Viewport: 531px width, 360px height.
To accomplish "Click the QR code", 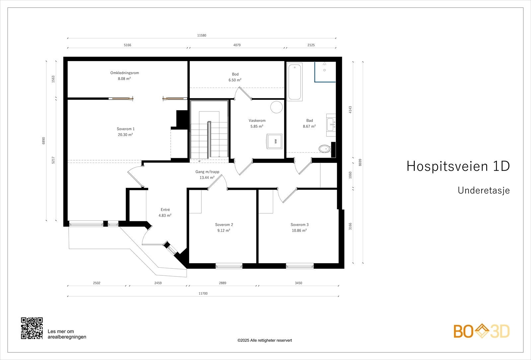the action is pyautogui.click(x=32, y=328).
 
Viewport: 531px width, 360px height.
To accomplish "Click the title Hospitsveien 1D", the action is pyautogui.click(x=458, y=166).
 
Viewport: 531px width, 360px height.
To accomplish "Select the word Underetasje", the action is pyautogui.click(x=484, y=190).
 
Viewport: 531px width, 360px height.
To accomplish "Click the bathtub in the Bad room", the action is pyautogui.click(x=295, y=82).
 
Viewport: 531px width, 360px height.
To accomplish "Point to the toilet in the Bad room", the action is pyautogui.click(x=325, y=149).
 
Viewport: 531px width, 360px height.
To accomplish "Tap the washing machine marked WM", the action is pyautogui.click(x=274, y=141).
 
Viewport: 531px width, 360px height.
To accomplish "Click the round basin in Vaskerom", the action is pyautogui.click(x=277, y=107).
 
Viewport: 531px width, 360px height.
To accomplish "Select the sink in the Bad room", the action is pyautogui.click(x=331, y=125).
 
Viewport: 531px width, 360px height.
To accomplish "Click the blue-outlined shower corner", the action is pyautogui.click(x=325, y=72).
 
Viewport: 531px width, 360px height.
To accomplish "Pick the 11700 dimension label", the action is pyautogui.click(x=203, y=293).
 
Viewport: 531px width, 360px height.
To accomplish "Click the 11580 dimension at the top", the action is pyautogui.click(x=202, y=35).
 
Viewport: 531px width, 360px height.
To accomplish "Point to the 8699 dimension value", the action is pyautogui.click(x=360, y=162).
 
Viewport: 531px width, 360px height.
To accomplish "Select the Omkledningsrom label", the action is pyautogui.click(x=125, y=73).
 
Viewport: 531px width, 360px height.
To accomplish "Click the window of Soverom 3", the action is pyautogui.click(x=300, y=266).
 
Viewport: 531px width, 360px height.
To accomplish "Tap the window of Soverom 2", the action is pyautogui.click(x=229, y=266).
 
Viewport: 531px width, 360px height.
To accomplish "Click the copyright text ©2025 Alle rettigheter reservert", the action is pyautogui.click(x=265, y=340).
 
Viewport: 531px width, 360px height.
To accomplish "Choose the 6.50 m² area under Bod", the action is pyautogui.click(x=235, y=80).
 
